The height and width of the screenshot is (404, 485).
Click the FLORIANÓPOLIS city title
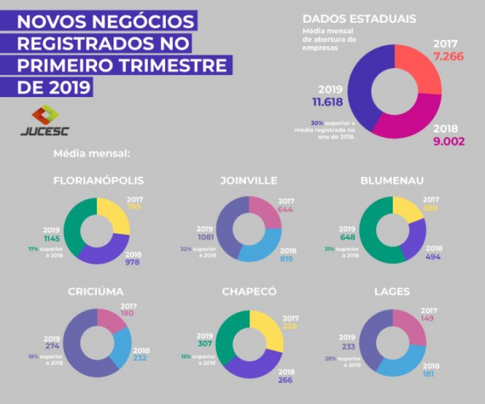(x=99, y=181)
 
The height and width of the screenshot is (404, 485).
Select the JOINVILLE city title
(x=249, y=181)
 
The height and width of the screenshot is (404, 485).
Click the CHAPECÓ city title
(x=249, y=292)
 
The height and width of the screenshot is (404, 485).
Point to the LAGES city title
(x=392, y=292)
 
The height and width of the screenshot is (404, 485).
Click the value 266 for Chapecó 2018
(x=286, y=380)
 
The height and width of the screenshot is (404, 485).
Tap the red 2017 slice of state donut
(x=418, y=69)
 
